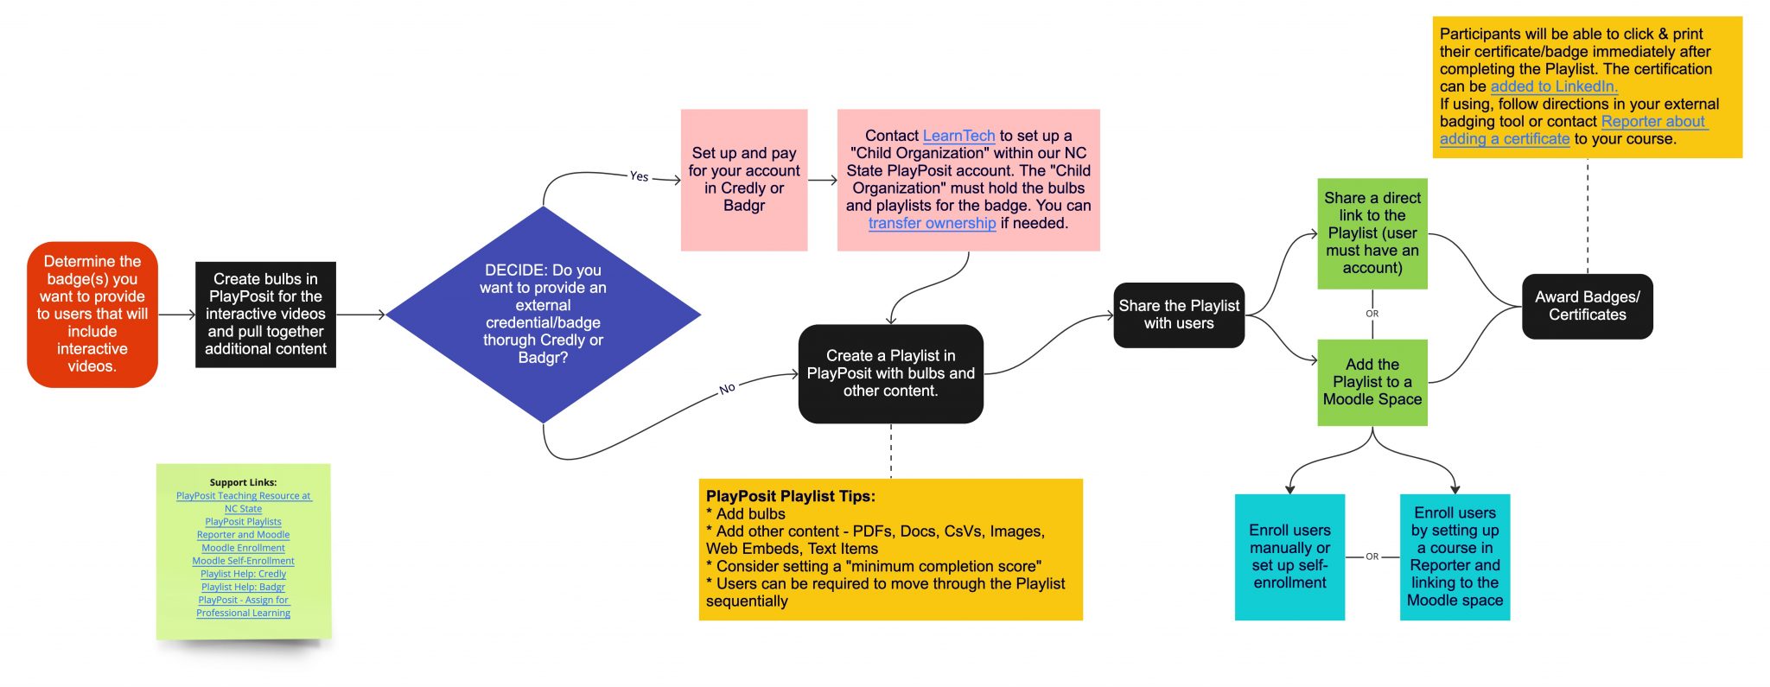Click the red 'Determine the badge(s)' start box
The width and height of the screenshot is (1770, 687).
[92, 314]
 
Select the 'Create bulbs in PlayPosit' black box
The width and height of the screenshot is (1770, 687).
[265, 314]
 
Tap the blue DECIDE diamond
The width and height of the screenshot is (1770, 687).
[543, 314]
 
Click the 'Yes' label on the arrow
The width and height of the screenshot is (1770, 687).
[639, 176]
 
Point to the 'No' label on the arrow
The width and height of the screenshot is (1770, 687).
[727, 389]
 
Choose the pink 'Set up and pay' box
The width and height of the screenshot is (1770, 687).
[744, 180]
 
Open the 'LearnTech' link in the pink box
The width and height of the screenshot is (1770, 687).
[958, 136]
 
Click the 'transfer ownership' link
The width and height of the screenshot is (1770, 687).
[932, 223]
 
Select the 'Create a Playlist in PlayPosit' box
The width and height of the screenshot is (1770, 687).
[890, 373]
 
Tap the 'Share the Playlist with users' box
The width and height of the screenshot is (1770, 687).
[1179, 315]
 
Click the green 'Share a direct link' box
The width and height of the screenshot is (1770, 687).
[1372, 233]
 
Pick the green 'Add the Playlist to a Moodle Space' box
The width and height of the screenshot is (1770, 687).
[1372, 382]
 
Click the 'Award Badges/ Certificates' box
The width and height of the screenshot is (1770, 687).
[1587, 306]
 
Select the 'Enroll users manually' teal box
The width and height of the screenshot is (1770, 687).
[1289, 557]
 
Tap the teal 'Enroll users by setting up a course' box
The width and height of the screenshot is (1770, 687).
[1455, 557]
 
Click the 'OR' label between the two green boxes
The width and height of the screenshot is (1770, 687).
[1372, 314]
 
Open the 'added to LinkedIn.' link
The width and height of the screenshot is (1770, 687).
[1553, 86]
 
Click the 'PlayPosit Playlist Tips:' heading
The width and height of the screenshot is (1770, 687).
[790, 496]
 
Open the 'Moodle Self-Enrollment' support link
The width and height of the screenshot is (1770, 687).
[243, 561]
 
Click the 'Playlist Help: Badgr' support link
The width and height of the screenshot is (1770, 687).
[243, 587]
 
